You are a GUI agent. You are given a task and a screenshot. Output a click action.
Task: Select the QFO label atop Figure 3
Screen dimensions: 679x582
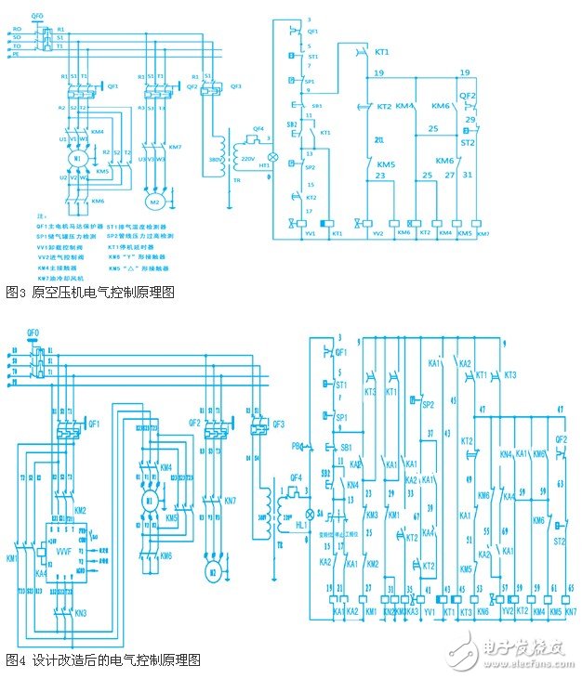point(37,16)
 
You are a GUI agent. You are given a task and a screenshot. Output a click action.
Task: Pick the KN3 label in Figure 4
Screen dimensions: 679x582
point(81,614)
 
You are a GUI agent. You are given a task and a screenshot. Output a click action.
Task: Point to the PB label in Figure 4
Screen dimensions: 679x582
point(298,448)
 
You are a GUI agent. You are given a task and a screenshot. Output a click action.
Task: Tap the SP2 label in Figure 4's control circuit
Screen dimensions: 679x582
point(429,404)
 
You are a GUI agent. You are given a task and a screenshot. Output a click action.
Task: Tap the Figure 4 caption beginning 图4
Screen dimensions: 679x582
point(102,661)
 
